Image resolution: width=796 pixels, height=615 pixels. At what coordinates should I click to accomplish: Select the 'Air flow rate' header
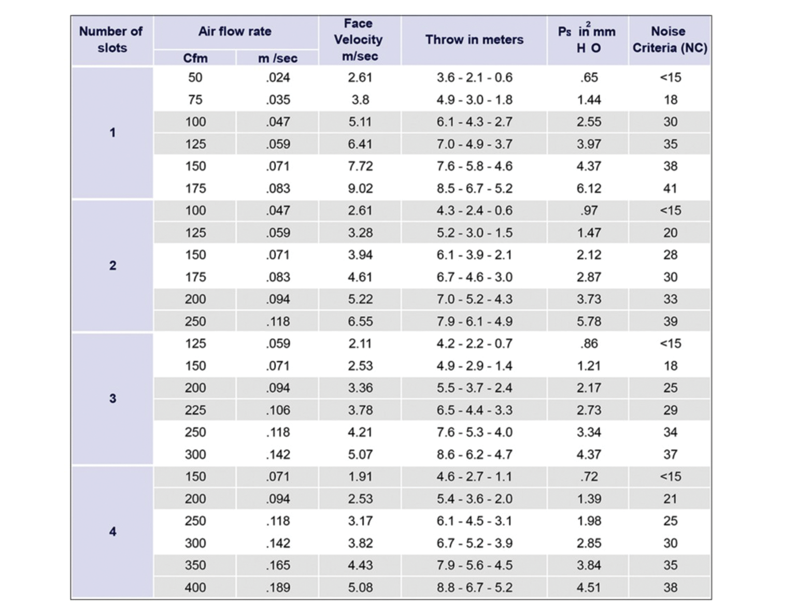click(235, 32)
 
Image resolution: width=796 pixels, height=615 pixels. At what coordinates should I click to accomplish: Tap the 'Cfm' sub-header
click(195, 58)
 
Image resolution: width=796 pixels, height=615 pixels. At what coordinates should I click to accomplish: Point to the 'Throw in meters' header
click(474, 39)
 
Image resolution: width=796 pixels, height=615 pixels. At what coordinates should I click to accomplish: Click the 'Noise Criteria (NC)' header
click(670, 39)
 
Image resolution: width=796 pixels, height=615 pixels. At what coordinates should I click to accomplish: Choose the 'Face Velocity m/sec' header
click(359, 39)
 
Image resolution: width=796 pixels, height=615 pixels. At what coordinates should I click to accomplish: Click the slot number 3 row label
click(112, 398)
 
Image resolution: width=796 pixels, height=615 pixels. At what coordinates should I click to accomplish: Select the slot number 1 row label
click(112, 133)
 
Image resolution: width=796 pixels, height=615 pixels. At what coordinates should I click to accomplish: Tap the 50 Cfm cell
click(195, 78)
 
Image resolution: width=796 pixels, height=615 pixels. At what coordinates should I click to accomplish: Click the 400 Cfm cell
click(195, 587)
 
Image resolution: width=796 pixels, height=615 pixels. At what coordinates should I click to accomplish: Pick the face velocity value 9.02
click(360, 189)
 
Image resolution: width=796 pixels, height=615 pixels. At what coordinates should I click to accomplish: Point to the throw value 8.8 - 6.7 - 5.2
click(474, 587)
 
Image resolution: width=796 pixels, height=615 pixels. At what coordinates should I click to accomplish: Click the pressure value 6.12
click(589, 189)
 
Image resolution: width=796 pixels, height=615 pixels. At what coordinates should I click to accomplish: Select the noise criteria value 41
click(670, 189)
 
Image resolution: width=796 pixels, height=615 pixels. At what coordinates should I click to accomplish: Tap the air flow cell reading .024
click(278, 78)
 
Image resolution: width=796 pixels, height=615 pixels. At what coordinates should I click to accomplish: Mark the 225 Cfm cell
click(195, 410)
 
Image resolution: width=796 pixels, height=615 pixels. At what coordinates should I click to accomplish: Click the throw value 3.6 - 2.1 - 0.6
click(474, 78)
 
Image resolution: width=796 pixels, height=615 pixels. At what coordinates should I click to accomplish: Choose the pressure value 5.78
click(589, 321)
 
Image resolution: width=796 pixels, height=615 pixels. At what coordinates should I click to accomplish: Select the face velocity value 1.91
click(360, 477)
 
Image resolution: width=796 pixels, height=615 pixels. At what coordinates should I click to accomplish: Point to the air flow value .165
click(278, 565)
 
